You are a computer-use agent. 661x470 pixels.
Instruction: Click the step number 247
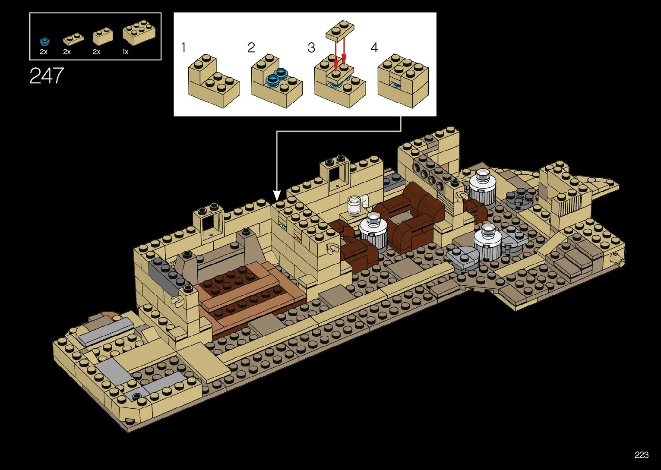pyautogui.click(x=47, y=76)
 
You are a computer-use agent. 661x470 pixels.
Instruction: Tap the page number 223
pyautogui.click(x=642, y=455)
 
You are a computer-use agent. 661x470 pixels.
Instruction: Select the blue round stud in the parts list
pyautogui.click(x=44, y=41)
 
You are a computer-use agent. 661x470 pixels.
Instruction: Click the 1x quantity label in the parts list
pyautogui.click(x=125, y=52)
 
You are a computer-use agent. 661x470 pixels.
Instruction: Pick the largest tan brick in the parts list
pyautogui.click(x=139, y=32)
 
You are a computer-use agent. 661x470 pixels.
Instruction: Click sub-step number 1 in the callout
pyautogui.click(x=183, y=47)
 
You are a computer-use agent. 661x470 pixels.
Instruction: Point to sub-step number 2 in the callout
pyautogui.click(x=251, y=47)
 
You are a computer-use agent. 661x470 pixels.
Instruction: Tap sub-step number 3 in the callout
pyautogui.click(x=311, y=47)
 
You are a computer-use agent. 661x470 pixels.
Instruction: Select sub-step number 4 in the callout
pyautogui.click(x=374, y=47)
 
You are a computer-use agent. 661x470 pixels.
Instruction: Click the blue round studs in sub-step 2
pyautogui.click(x=276, y=77)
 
